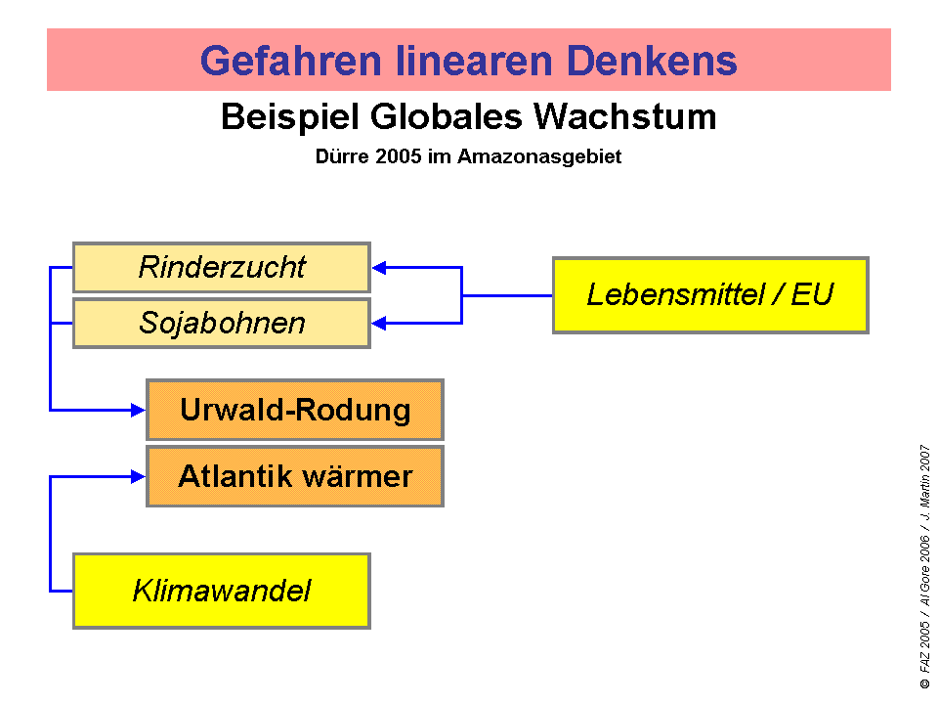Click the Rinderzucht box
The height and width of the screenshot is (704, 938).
(x=222, y=268)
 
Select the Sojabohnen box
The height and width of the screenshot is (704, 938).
(x=222, y=324)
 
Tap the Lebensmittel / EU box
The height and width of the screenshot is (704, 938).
(x=710, y=295)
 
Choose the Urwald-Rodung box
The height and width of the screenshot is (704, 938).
(x=295, y=410)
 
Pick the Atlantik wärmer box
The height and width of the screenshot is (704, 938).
(x=295, y=476)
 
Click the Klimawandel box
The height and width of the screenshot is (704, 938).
(x=222, y=591)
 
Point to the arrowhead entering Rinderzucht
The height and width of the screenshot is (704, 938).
(x=379, y=268)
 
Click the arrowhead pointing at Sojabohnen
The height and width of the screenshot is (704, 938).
(x=379, y=324)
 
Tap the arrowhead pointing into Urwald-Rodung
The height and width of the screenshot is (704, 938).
(x=138, y=410)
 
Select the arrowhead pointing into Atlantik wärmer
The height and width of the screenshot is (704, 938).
(x=138, y=476)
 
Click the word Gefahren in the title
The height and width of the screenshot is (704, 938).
(x=291, y=61)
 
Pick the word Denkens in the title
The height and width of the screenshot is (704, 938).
(x=652, y=61)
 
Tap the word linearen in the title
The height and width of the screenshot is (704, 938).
(x=474, y=61)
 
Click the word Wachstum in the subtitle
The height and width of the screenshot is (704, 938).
(x=624, y=116)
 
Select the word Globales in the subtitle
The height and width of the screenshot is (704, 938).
(x=447, y=116)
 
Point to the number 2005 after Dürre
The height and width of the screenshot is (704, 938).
(x=399, y=156)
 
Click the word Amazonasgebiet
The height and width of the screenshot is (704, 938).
(x=539, y=156)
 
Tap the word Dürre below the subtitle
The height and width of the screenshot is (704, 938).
(x=342, y=156)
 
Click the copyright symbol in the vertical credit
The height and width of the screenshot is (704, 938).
(x=925, y=683)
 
